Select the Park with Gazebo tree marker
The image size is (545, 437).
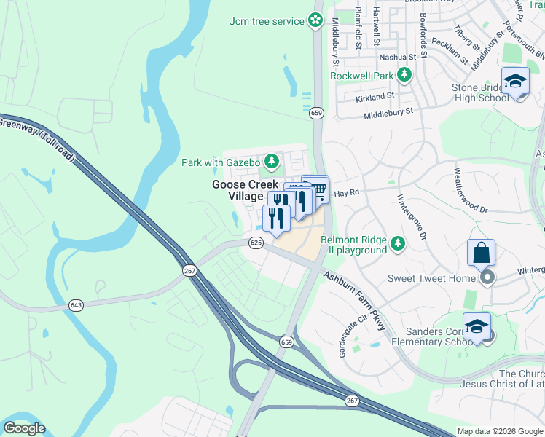click(x=272, y=160)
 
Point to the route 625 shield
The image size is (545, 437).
click(x=255, y=243)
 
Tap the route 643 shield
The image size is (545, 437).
click(x=76, y=304)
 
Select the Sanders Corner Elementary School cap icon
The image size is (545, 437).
click(x=476, y=326)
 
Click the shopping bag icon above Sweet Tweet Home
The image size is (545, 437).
click(x=482, y=253)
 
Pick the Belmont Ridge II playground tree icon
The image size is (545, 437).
click(x=398, y=243)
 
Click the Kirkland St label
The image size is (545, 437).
click(x=375, y=95)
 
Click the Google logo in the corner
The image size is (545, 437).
click(x=24, y=428)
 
